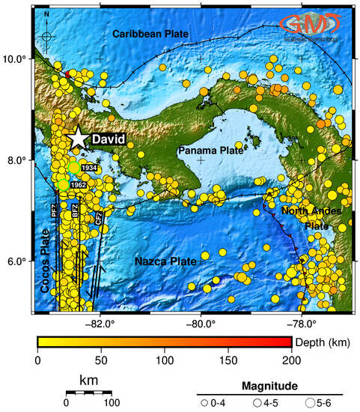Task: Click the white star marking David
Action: point(78,138)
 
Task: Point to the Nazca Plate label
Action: point(165,261)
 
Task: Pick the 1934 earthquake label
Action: point(89,169)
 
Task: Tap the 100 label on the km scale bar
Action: point(112,402)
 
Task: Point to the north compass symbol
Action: point(46,34)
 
